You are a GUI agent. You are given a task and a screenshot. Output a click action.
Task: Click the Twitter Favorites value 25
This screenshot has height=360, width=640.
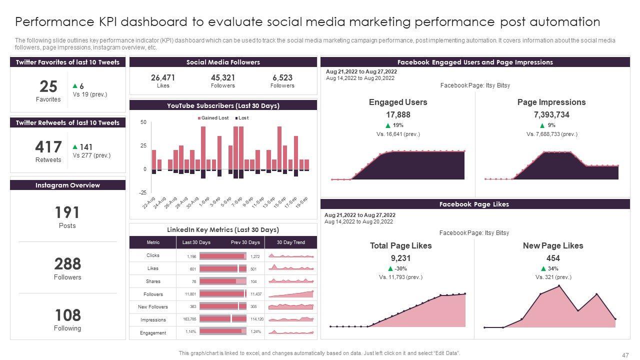48,87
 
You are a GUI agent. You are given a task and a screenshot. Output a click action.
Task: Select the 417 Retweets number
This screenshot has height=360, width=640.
48,147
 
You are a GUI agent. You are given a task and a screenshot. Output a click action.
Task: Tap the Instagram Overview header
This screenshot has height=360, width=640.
67,185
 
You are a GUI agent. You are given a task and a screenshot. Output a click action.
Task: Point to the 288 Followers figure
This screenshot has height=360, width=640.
67,263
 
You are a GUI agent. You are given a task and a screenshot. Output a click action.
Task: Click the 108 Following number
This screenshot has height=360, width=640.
67,315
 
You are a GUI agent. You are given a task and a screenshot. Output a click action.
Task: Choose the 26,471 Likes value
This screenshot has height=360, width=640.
163,77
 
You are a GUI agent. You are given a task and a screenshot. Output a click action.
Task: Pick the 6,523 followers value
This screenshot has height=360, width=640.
282,77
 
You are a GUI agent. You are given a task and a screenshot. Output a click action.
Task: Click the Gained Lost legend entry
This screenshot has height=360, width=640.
213,118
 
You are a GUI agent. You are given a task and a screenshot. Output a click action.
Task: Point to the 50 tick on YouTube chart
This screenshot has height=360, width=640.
143,122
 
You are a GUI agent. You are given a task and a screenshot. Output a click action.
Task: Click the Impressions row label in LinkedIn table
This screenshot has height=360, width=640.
153,320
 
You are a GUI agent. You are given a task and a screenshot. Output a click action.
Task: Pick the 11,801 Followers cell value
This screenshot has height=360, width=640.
190,294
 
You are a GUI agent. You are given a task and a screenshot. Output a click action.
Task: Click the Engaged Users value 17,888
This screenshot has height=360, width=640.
398,114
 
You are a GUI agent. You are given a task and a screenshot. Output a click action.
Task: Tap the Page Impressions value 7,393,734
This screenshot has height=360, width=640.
551,114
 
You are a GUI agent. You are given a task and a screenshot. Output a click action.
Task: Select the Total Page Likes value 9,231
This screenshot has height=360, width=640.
400,258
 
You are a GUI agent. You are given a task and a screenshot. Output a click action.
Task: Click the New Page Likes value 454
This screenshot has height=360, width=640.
553,258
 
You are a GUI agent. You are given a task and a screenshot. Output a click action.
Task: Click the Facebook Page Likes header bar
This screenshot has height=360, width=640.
474,204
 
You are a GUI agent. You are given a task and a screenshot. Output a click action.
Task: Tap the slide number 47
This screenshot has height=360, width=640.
625,355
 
